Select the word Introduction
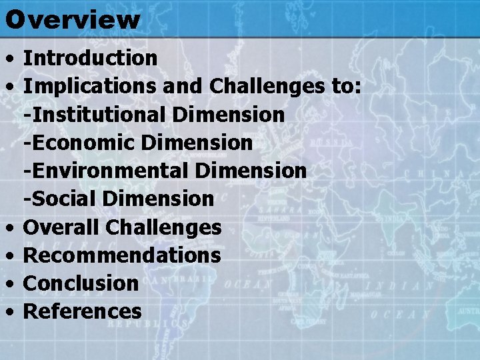(90, 58)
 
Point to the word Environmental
(105, 171)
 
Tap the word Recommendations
(122, 255)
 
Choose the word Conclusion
(81, 283)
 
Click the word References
(83, 311)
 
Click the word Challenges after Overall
(163, 227)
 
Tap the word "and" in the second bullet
(184, 86)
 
